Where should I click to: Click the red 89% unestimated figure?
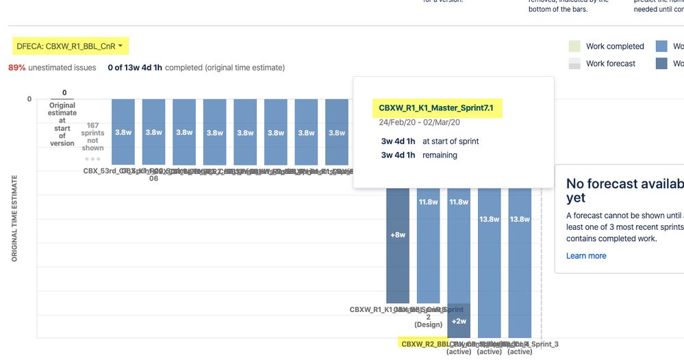click(16, 68)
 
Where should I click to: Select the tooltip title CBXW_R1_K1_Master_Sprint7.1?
click(435, 107)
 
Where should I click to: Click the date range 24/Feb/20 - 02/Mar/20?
click(418, 123)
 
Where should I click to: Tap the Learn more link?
click(585, 256)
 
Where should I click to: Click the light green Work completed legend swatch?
click(575, 47)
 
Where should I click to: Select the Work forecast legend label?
click(611, 64)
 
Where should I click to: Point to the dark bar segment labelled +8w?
click(398, 235)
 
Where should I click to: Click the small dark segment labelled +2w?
click(459, 320)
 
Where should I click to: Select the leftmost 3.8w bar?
click(123, 132)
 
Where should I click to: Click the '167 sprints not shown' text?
click(92, 136)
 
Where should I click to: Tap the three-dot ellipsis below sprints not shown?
click(92, 158)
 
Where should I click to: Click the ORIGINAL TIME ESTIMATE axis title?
click(14, 218)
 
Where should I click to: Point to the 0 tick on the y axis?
click(29, 99)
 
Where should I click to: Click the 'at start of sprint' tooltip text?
click(451, 141)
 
